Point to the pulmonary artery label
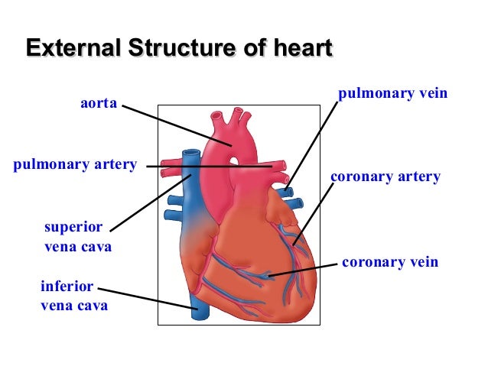tap(75, 164)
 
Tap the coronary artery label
tap(385, 177)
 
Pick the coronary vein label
tap(390, 262)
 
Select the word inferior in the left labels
tap(67, 287)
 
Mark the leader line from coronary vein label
tap(306, 270)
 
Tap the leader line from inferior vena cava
tap(145, 298)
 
